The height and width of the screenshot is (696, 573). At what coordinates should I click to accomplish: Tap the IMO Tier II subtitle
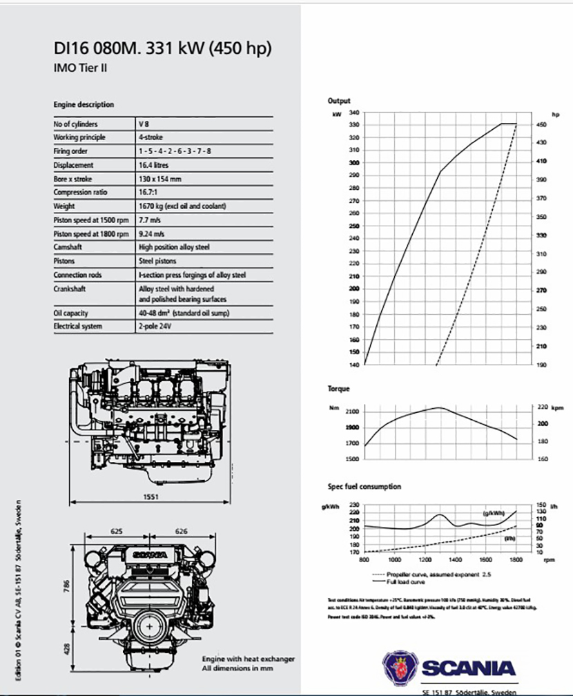pyautogui.click(x=80, y=68)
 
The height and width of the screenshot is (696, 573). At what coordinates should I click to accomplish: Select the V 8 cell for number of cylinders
pyautogui.click(x=144, y=124)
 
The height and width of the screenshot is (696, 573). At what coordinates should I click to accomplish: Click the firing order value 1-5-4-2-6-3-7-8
pyautogui.click(x=175, y=151)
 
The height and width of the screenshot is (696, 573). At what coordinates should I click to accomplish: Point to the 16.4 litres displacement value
pyautogui.click(x=153, y=165)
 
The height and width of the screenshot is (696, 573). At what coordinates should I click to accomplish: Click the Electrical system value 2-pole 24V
pyautogui.click(x=155, y=326)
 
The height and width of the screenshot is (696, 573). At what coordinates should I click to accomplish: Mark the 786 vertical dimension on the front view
pyautogui.click(x=65, y=586)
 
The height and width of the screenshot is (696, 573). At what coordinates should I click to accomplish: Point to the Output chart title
pyautogui.click(x=339, y=101)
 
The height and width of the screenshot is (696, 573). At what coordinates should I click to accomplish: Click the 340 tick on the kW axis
pyautogui.click(x=354, y=112)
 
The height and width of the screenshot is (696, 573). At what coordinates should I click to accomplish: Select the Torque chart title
pyautogui.click(x=338, y=389)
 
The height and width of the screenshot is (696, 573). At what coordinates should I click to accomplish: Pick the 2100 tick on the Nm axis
pyautogui.click(x=352, y=411)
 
